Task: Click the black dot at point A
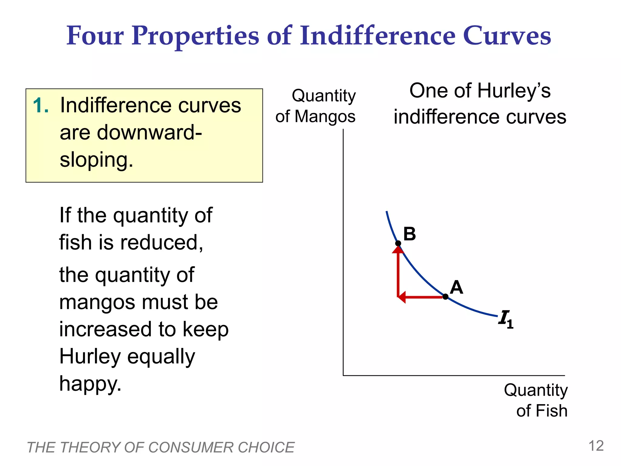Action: click(x=445, y=296)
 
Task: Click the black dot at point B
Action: click(x=398, y=243)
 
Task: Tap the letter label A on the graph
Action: click(x=456, y=287)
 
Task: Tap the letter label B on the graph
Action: click(x=409, y=234)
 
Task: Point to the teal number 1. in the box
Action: click(x=41, y=106)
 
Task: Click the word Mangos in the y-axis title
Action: click(x=325, y=116)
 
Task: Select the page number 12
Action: click(x=596, y=446)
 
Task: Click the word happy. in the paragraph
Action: click(x=90, y=383)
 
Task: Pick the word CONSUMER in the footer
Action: click(x=190, y=447)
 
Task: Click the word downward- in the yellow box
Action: click(x=131, y=133)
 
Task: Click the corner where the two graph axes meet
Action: click(x=343, y=376)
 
